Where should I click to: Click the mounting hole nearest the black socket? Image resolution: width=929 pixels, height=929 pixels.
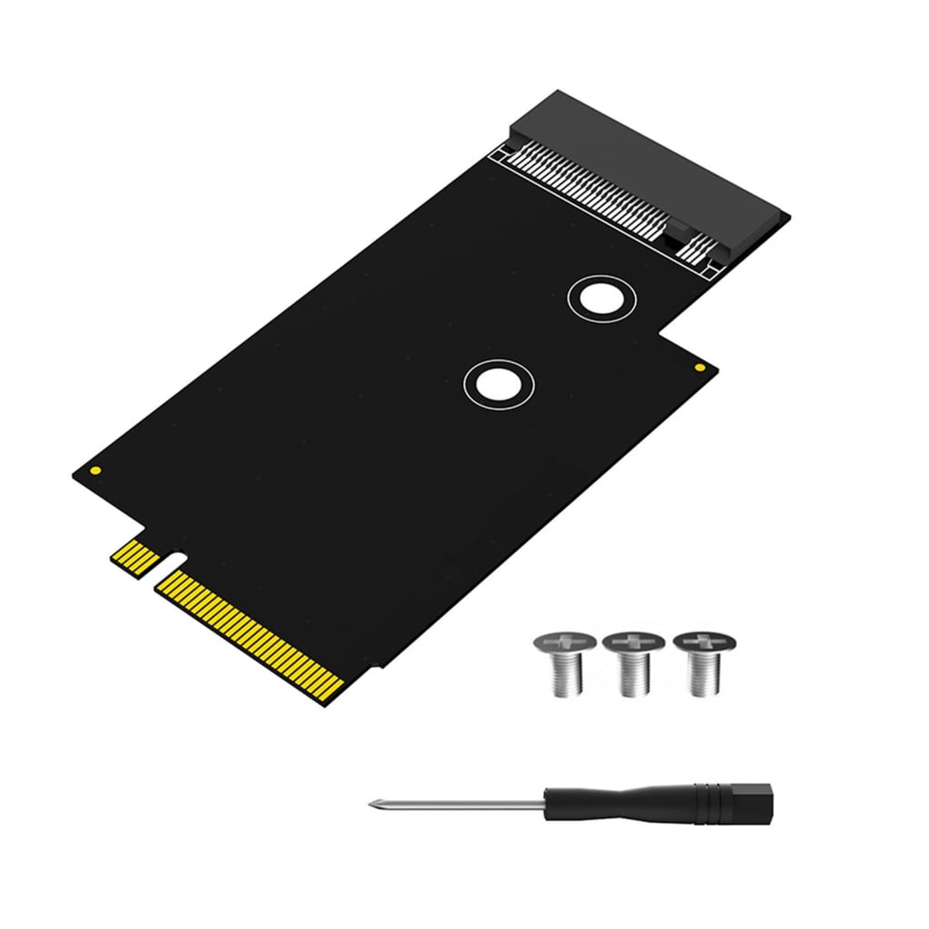coord(601,298)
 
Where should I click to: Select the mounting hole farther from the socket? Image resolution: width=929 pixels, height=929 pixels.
coord(498,384)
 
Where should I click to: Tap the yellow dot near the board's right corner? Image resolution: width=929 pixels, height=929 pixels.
coord(699,367)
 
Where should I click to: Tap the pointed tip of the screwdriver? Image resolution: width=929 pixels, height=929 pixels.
coord(373,803)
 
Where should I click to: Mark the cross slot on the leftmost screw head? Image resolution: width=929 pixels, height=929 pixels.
coord(561,642)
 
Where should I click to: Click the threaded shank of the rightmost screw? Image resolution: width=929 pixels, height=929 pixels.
coord(704,676)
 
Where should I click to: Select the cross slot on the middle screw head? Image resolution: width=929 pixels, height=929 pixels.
coord(632,642)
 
